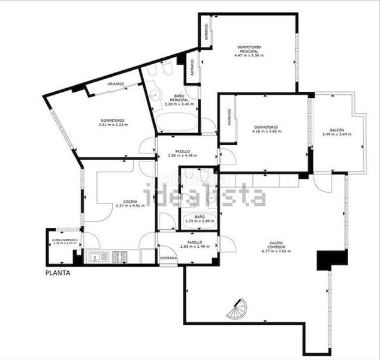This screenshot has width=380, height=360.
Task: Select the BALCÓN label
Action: click(336, 130)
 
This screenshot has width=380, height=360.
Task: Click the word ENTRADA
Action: click(168, 258)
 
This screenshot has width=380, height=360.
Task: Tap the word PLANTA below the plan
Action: click(58, 273)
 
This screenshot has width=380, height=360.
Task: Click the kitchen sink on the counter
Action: click(96, 257)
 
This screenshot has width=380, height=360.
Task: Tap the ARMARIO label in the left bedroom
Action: click(116, 84)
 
